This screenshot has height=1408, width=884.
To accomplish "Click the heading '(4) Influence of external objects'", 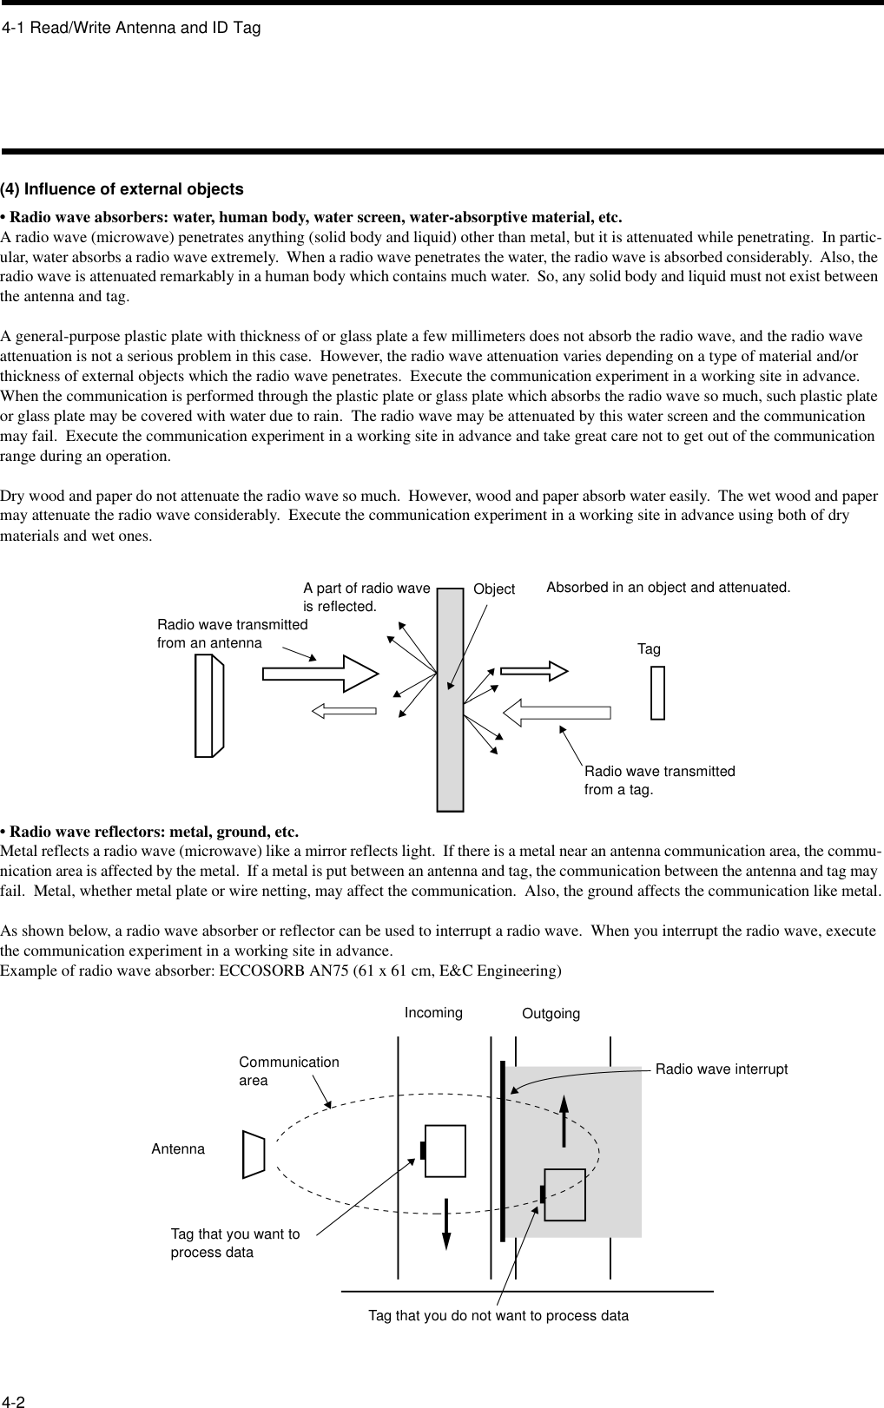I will click(x=122, y=189).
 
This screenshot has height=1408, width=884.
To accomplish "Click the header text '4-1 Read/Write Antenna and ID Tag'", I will click(x=131, y=29).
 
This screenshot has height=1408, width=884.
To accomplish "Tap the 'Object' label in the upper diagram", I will click(x=494, y=589).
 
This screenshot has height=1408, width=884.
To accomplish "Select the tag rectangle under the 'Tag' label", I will click(x=657, y=693).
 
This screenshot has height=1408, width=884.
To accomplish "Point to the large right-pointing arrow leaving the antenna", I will click(x=320, y=672).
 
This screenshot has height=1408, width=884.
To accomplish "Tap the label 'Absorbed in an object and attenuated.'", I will click(x=668, y=588).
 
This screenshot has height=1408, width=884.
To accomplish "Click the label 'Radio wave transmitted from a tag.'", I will click(x=659, y=780).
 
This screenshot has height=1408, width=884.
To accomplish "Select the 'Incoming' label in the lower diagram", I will click(x=433, y=1012).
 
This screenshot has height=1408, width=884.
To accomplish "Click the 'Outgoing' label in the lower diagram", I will click(x=551, y=1014).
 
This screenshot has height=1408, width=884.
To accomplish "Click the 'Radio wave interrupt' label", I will click(x=721, y=1069).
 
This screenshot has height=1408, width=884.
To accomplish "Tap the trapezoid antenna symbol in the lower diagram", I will click(x=254, y=1155).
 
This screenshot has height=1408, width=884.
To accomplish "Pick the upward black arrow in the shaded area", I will click(x=564, y=1121).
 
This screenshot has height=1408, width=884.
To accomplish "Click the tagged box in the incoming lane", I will click(x=445, y=1151).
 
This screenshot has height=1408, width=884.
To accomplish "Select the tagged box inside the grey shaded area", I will click(x=564, y=1194).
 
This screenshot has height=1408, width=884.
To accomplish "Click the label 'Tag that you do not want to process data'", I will click(x=498, y=1316).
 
